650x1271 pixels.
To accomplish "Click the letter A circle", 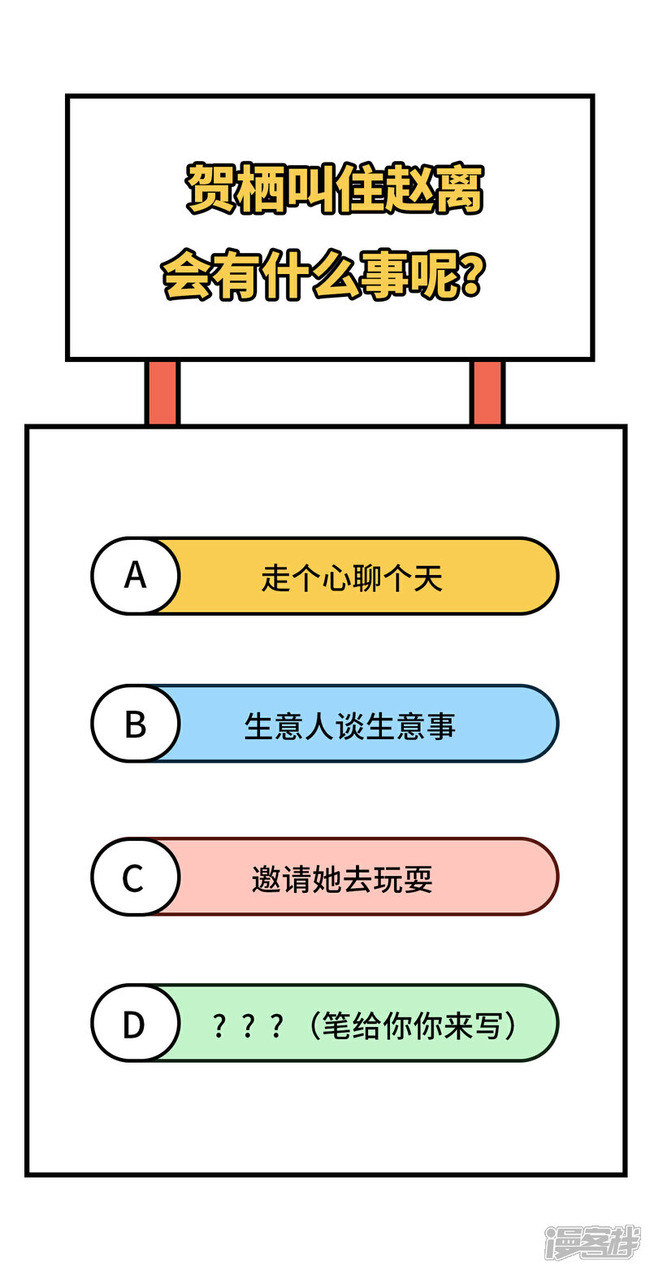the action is [135, 576].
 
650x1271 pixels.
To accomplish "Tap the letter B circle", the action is [135, 724].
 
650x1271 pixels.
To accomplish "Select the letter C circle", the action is [135, 877].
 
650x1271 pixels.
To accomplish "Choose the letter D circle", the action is [135, 1024].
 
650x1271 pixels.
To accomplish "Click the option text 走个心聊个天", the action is [351, 578].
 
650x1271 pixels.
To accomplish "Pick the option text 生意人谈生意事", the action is [349, 726].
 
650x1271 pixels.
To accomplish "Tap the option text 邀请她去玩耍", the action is [342, 880].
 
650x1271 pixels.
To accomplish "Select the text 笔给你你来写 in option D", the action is [412, 1025].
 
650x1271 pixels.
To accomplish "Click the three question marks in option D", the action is [247, 1026].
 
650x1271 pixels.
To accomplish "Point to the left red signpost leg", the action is [162, 392].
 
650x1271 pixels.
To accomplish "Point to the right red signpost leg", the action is [487, 392].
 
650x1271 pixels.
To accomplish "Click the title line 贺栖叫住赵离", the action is [335, 189].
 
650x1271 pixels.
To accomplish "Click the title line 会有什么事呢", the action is [324, 275].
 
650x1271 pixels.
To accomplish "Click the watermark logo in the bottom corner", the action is [592, 1242].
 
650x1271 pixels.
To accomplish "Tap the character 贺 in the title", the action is [210, 189].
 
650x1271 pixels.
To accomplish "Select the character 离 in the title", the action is [460, 189].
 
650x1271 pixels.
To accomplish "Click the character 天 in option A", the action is [428, 578].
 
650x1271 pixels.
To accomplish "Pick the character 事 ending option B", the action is [441, 726].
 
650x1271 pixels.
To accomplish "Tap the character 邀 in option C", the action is [267, 880].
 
